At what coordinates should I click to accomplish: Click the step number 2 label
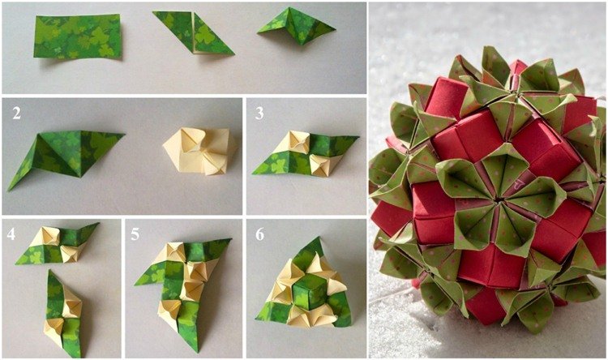[17, 114]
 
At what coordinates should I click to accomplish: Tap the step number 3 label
[259, 114]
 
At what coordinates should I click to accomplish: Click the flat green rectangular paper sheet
[77, 36]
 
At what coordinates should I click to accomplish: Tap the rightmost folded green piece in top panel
[296, 28]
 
